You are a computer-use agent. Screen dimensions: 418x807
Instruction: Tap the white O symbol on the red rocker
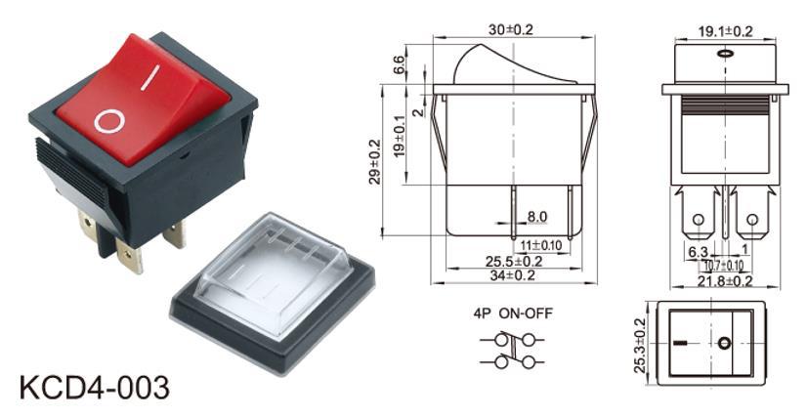(x=109, y=120)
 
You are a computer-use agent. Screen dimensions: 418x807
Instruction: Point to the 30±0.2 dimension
(x=514, y=29)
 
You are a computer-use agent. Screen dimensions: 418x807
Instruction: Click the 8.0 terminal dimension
(x=537, y=217)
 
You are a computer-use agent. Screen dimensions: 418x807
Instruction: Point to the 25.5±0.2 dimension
(x=515, y=261)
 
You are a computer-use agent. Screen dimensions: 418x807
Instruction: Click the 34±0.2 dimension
(x=514, y=275)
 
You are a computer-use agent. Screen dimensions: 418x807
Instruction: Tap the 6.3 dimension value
(x=698, y=252)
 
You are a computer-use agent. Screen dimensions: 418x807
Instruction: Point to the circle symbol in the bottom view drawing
(x=724, y=344)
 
